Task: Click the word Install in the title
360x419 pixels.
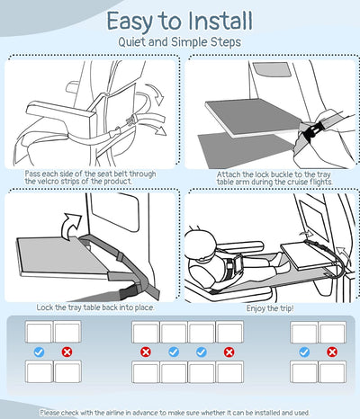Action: coord(220,21)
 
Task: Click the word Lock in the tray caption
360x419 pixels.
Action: coord(45,308)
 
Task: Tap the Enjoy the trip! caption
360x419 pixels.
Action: coord(270,308)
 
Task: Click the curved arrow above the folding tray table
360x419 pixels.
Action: coord(71,226)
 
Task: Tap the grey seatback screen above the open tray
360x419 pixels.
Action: coord(272,70)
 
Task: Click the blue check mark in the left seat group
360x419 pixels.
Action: coord(39,352)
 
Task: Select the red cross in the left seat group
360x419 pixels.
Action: coord(67,352)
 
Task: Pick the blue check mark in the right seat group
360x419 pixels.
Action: coord(304,352)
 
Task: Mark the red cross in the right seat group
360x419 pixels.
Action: coord(332,352)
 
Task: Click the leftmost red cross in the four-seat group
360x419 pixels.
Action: coord(146,352)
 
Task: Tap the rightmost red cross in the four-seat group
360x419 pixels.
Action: coord(229,352)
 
